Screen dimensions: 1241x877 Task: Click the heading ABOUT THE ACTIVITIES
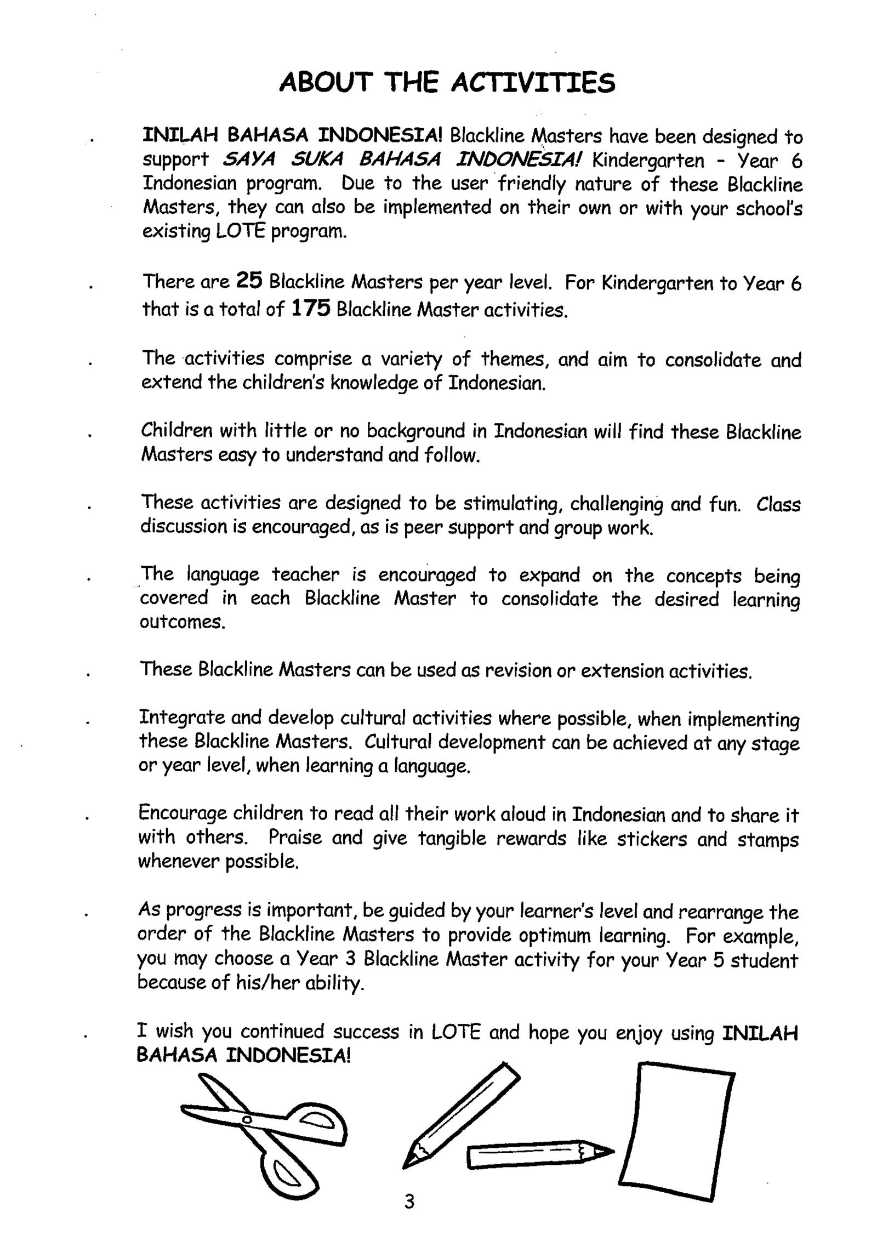[x=447, y=83]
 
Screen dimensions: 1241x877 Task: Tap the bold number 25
[x=250, y=281]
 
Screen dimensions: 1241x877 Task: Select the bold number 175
[x=311, y=309]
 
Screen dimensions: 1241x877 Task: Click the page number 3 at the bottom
[x=409, y=1202]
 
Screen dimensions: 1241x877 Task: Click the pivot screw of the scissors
[x=246, y=1119]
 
